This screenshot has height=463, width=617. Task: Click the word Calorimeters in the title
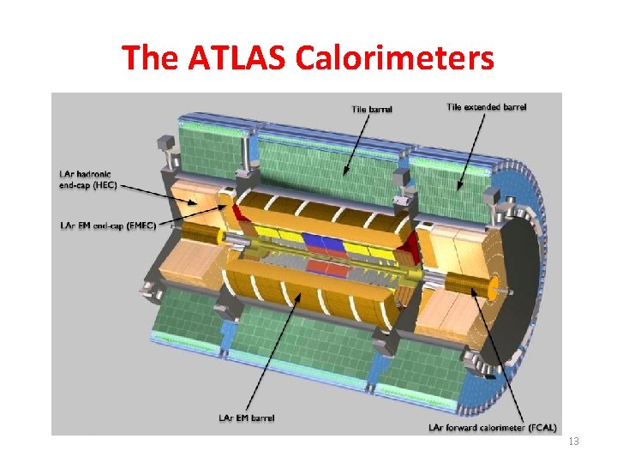pyautogui.click(x=395, y=58)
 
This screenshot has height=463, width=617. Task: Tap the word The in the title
pyautogui.click(x=151, y=58)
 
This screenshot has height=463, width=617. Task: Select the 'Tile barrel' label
pyautogui.click(x=372, y=109)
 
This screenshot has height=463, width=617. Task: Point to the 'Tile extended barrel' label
pyautogui.click(x=487, y=107)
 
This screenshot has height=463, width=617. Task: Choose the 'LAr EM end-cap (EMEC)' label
pyautogui.click(x=108, y=225)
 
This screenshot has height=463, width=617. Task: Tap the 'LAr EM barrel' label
pyautogui.click(x=247, y=418)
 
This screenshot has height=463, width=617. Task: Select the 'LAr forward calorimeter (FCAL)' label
pyautogui.click(x=493, y=426)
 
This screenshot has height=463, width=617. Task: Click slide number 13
pyautogui.click(x=574, y=441)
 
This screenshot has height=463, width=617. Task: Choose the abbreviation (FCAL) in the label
pyautogui.click(x=542, y=426)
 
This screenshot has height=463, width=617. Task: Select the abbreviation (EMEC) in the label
pyautogui.click(x=141, y=225)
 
